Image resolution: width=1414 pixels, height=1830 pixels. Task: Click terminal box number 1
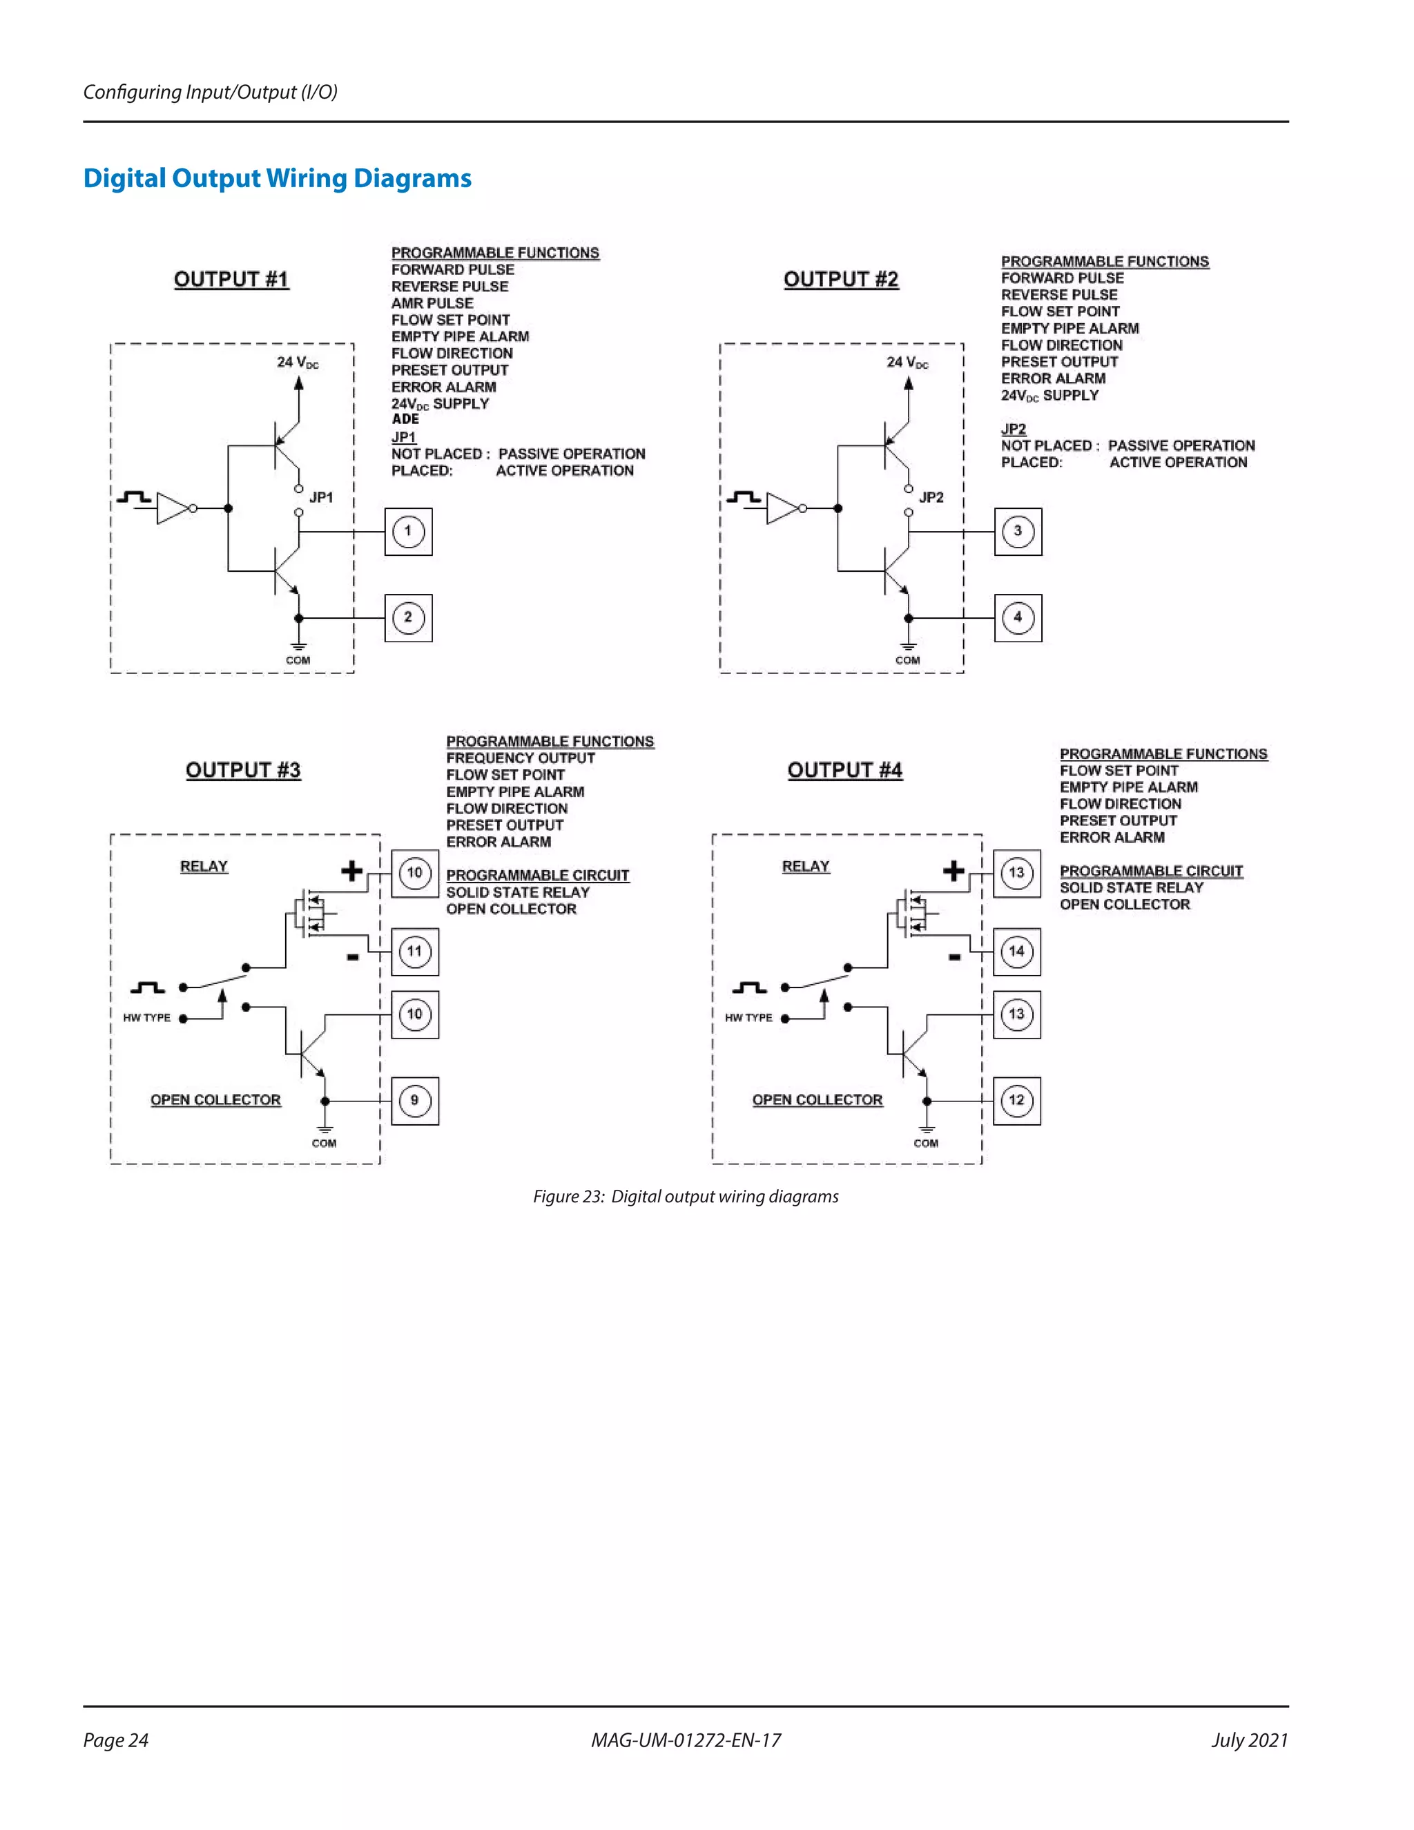[x=408, y=531]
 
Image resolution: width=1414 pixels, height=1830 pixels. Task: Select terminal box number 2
[x=408, y=618]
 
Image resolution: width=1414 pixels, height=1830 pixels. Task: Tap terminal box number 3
[x=1018, y=531]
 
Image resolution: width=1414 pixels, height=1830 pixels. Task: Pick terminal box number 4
[x=1018, y=618]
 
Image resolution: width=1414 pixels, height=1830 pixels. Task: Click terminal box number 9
[x=415, y=1101]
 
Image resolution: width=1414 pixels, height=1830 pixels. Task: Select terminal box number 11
[x=415, y=952]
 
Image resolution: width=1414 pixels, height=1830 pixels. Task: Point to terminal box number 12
[x=1016, y=1101]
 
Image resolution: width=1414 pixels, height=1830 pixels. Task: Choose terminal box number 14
[x=1016, y=952]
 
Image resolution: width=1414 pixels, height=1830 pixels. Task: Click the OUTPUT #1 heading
[x=231, y=279]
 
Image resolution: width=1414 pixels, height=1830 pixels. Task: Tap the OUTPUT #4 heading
[x=844, y=770]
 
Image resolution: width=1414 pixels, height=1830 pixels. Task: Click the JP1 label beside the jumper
[x=322, y=498]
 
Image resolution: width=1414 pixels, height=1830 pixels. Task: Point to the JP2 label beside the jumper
[x=931, y=498]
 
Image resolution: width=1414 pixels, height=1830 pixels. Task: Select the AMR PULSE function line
[x=432, y=303]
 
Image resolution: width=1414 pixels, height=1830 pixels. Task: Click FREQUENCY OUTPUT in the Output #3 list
[x=520, y=758]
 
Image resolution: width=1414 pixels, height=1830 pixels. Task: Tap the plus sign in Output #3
[x=352, y=871]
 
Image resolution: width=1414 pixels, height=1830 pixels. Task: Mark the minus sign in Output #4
[x=954, y=957]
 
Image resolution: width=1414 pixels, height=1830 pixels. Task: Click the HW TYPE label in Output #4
[x=748, y=1018]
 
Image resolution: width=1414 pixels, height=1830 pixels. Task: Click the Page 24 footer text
[x=115, y=1740]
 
